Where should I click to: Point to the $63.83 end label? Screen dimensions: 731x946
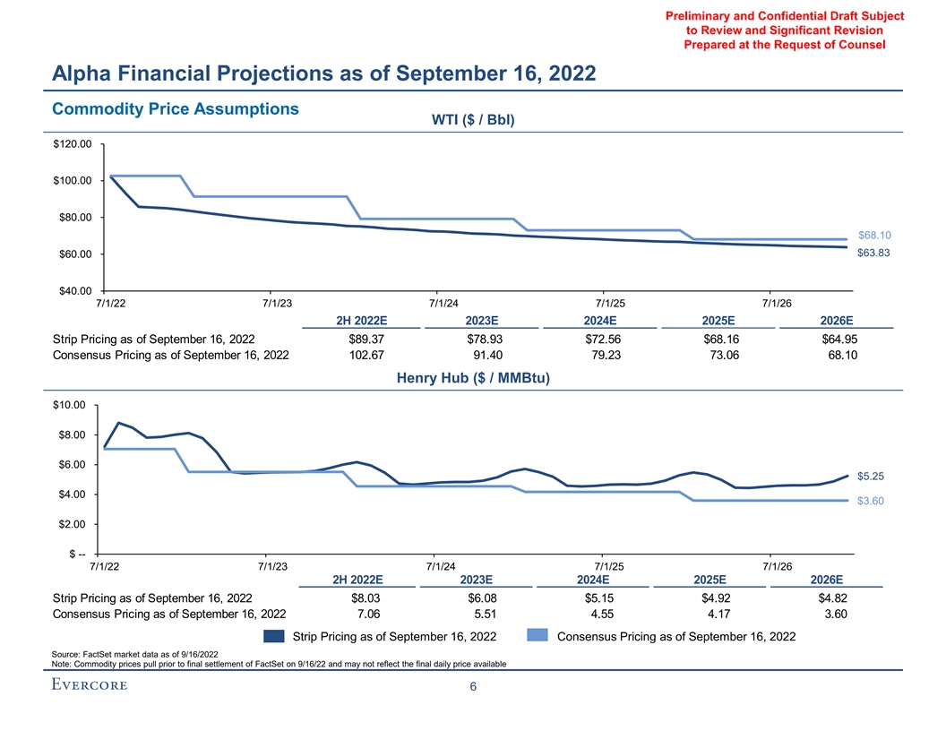[873, 254]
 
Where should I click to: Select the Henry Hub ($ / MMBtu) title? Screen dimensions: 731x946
[473, 378]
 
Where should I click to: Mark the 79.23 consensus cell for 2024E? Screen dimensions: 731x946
[599, 356]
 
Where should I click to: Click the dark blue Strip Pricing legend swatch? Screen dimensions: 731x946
[274, 637]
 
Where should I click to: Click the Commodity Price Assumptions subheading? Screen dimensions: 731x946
[176, 108]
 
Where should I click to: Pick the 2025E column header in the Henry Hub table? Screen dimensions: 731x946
[709, 579]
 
